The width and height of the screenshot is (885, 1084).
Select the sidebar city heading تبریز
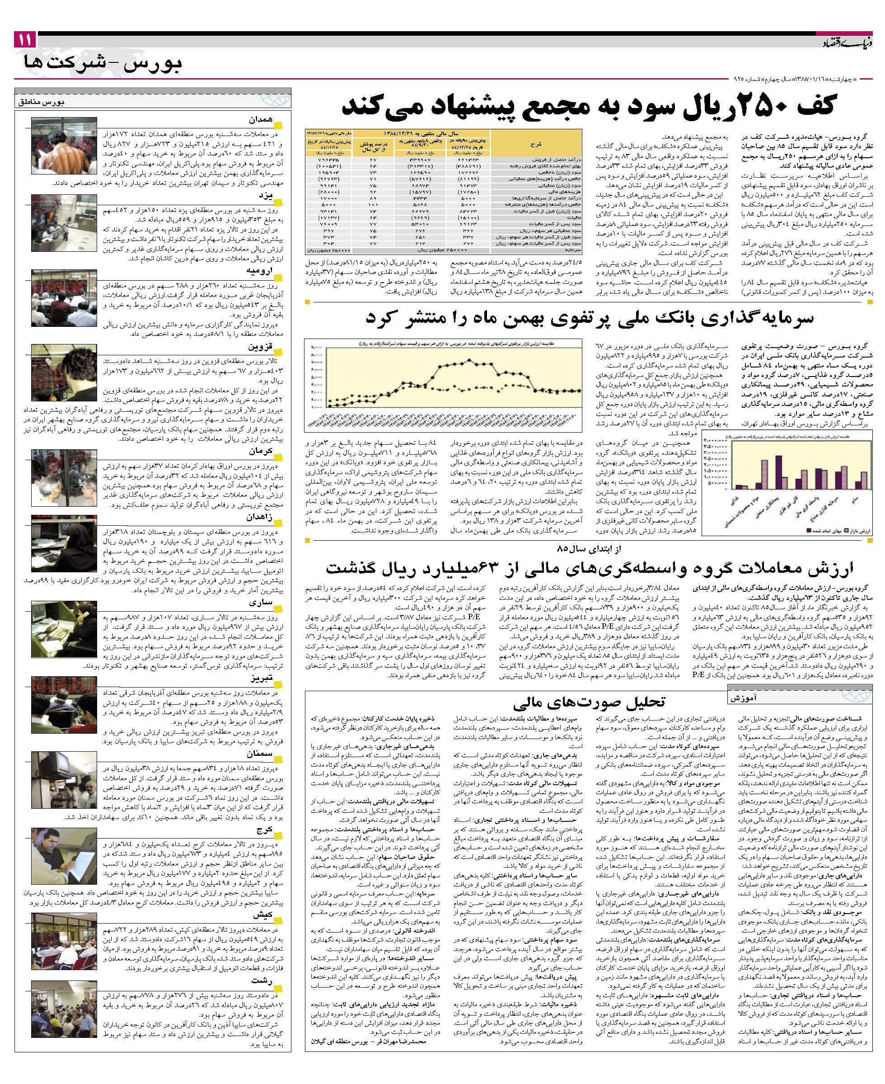[261, 679]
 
